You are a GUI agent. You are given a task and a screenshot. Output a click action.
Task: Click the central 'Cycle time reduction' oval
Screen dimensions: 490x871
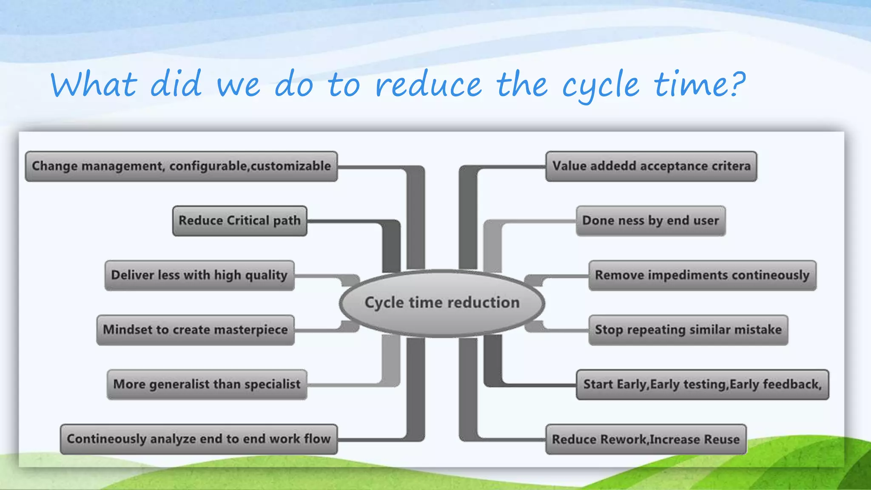[442, 303]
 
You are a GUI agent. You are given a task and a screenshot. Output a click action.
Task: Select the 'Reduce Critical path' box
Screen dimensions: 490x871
[239, 221]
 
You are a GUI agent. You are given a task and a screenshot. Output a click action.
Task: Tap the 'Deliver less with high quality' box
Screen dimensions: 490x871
[199, 275]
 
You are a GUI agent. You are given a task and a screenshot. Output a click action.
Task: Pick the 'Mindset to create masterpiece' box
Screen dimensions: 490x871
[195, 330]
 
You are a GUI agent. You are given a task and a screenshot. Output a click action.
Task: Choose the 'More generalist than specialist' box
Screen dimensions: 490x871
[207, 384]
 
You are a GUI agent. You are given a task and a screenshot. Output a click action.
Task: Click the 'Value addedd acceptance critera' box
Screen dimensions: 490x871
[651, 166]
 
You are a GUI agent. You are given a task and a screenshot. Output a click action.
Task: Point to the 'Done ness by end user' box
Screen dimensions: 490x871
[650, 221]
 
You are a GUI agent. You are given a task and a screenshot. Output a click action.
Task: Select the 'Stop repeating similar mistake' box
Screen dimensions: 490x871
[688, 330]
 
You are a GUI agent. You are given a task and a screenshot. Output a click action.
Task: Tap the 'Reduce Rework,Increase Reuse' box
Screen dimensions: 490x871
[646, 439]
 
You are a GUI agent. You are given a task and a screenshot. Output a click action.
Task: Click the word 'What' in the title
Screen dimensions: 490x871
[94, 84]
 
